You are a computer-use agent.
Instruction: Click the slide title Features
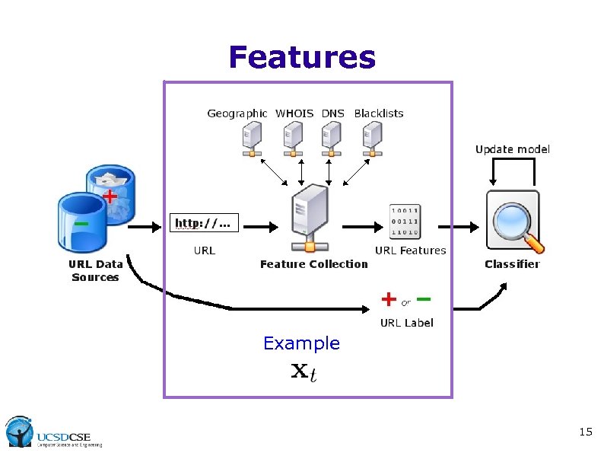click(x=302, y=57)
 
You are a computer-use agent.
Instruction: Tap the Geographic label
click(x=237, y=113)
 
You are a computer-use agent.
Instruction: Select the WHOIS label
click(x=294, y=113)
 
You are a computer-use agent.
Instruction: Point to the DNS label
click(x=332, y=113)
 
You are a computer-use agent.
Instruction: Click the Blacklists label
click(x=379, y=113)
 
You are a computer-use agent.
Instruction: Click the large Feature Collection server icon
click(x=308, y=221)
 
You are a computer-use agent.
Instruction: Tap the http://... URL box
click(x=202, y=223)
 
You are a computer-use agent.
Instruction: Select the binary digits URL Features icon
click(x=405, y=221)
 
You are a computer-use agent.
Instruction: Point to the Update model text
click(x=512, y=149)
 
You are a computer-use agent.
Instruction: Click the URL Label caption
click(x=406, y=323)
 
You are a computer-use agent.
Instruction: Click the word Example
click(x=301, y=343)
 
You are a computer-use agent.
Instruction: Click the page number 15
click(x=585, y=432)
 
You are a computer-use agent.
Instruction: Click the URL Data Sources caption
click(x=95, y=271)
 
